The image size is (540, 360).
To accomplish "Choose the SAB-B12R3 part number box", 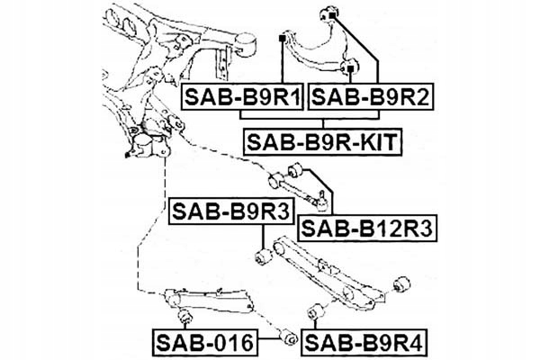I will (x=366, y=229).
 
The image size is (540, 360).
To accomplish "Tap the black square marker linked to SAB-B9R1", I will (x=283, y=38).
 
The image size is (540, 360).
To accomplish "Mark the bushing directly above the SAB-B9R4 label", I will (x=314, y=311).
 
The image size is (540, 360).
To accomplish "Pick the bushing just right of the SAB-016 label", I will (x=289, y=339).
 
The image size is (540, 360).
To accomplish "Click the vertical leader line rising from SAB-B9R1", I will (x=283, y=63).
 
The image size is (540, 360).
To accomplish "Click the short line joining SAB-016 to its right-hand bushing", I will (x=267, y=341).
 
